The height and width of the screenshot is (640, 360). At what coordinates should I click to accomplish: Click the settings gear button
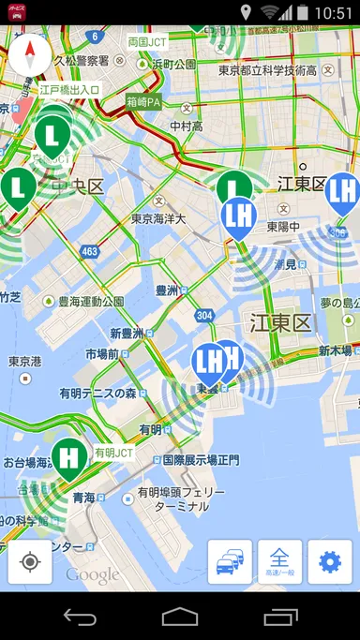click(x=330, y=561)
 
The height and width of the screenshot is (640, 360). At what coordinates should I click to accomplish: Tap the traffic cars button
click(x=230, y=561)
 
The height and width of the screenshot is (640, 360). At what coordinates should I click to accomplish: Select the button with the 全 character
click(x=279, y=561)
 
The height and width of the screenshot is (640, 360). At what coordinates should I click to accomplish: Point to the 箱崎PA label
click(x=144, y=101)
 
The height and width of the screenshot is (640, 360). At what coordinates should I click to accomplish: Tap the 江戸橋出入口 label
click(x=70, y=90)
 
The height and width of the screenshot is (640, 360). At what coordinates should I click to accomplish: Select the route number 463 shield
click(x=89, y=252)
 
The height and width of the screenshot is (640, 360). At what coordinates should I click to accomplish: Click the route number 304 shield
click(x=205, y=315)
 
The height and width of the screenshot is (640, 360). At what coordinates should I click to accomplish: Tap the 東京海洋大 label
click(x=158, y=218)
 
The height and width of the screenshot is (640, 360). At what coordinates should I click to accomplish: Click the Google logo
click(x=92, y=574)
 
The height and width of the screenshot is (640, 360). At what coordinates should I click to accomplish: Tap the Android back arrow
click(x=80, y=617)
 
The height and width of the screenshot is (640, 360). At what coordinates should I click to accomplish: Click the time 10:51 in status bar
click(x=334, y=13)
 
